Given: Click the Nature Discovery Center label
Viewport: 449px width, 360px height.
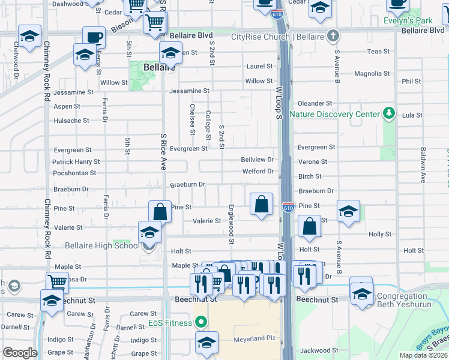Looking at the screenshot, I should (335, 114).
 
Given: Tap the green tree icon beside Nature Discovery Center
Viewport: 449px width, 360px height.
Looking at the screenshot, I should (389, 113).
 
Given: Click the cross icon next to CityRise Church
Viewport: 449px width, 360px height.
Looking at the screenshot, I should (332, 36).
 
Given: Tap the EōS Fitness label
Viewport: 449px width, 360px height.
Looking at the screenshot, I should (170, 323).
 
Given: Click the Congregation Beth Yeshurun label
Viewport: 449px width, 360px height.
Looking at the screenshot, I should (411, 301).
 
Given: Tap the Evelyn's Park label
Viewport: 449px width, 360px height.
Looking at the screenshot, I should (408, 20).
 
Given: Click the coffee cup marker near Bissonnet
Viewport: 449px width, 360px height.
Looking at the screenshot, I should (93, 38).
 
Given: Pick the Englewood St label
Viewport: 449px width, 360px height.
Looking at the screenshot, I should (232, 223).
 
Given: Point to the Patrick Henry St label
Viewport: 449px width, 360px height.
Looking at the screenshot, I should (76, 162).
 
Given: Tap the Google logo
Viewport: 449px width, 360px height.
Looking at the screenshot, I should (19, 353).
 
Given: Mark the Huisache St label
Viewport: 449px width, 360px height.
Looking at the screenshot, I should (71, 120).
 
